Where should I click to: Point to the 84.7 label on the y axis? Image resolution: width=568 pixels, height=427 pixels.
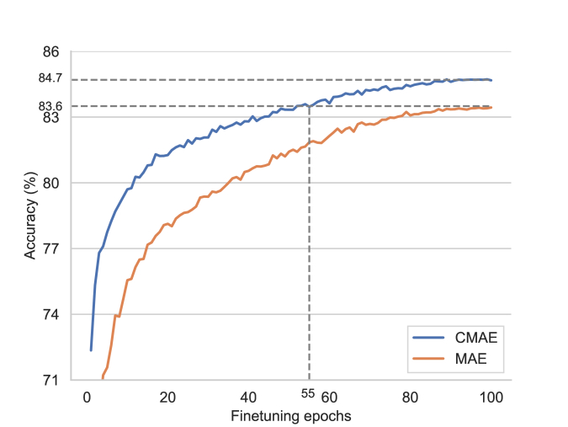pyautogui.click(x=50, y=80)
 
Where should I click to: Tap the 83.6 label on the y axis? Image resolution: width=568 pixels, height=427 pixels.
pyautogui.click(x=50, y=106)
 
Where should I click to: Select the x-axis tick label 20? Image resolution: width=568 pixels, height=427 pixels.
pyautogui.click(x=167, y=398)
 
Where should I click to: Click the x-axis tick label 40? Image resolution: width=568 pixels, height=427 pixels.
pyautogui.click(x=247, y=398)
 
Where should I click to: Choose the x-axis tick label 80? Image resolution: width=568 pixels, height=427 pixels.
pyautogui.click(x=409, y=398)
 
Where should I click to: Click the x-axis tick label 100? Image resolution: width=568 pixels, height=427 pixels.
pyautogui.click(x=490, y=398)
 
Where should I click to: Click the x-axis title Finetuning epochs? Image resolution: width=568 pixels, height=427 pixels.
pyautogui.click(x=290, y=416)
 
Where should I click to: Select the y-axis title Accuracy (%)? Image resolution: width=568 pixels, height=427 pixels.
pyautogui.click(x=30, y=216)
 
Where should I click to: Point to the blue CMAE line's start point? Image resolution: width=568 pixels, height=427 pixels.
pyautogui.click(x=90, y=350)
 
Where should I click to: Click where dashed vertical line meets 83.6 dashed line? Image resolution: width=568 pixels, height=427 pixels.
pyautogui.click(x=309, y=106)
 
